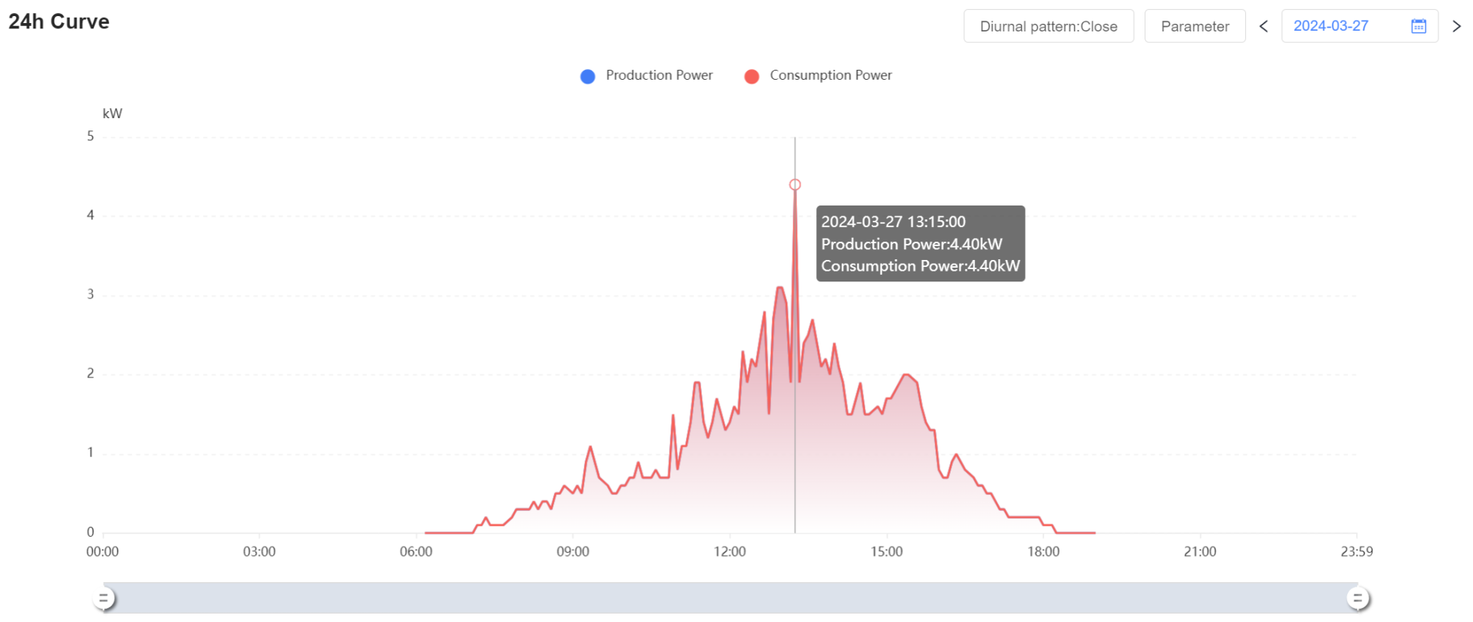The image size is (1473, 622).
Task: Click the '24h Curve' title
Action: click(59, 21)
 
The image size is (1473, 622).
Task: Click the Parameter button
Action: click(1195, 26)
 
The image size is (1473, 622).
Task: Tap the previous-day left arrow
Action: click(1264, 26)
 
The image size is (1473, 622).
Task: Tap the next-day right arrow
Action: click(1456, 26)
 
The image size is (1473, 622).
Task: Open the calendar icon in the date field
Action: click(1419, 26)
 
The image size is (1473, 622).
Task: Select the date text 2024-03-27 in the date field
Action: click(1330, 26)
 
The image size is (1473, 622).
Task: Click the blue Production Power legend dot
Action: click(588, 76)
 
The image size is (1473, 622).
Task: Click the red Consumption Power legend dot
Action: click(752, 76)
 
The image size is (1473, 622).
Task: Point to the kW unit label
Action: click(112, 114)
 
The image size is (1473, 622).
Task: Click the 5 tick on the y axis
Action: click(91, 137)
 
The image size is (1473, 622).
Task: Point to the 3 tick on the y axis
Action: click(91, 295)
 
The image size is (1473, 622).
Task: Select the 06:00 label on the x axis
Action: click(416, 551)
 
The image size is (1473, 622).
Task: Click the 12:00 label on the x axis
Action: click(730, 551)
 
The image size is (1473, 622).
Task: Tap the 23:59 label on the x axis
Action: click(1356, 551)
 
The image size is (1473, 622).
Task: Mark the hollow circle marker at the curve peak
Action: click(795, 185)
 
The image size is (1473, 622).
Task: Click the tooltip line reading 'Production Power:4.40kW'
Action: click(911, 244)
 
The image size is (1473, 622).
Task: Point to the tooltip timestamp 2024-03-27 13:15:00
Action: click(893, 222)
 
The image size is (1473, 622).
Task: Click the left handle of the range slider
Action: click(104, 598)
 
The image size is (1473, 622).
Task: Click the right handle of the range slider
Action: click(1357, 598)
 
